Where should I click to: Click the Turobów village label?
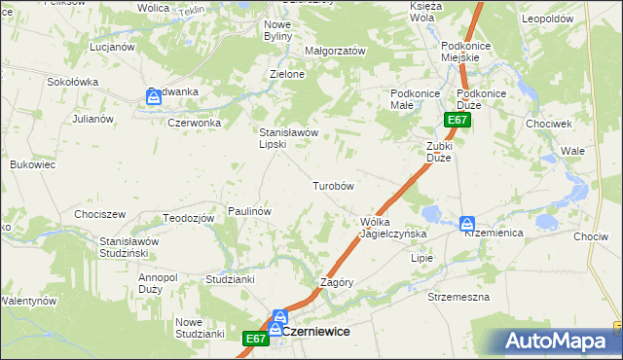tap(332, 185)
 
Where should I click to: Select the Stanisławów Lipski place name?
tap(287, 138)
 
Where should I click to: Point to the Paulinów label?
tap(248, 210)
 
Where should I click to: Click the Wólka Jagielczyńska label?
tap(387, 228)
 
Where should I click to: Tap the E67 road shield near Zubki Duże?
tap(458, 120)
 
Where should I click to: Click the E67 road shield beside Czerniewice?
tap(255, 338)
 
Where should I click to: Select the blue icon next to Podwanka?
tap(153, 95)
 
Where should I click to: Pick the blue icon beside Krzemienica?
tap(467, 223)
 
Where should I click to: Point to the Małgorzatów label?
tap(335, 51)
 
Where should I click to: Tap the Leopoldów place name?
tap(572, 18)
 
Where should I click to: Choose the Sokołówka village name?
tap(73, 83)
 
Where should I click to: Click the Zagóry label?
tap(336, 282)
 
